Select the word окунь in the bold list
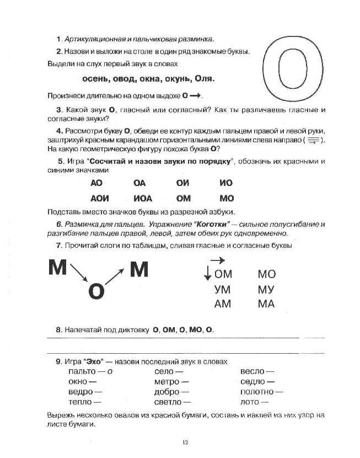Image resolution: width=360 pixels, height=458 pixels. (185, 79)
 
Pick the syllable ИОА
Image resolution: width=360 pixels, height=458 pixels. (143, 198)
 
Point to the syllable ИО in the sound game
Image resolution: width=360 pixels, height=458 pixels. (226, 183)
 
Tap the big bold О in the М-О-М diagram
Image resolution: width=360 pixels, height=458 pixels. (96, 291)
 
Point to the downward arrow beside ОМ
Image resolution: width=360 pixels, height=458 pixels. (207, 273)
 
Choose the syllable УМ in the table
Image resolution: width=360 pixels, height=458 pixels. (222, 289)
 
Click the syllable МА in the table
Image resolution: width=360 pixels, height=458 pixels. (266, 304)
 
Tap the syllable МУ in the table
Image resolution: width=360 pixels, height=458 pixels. (266, 289)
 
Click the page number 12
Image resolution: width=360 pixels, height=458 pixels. (185, 441)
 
